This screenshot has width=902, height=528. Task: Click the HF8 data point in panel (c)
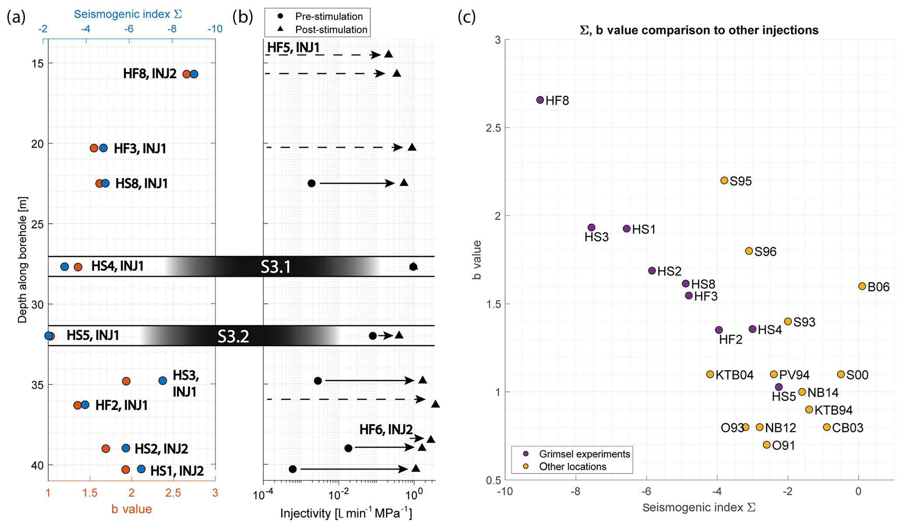[x=540, y=100]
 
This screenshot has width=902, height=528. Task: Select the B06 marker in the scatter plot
[x=862, y=286]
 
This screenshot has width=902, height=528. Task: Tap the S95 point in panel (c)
[x=724, y=181]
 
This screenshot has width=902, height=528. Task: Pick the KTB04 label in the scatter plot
[x=734, y=375]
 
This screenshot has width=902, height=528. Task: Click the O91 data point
[x=766, y=445]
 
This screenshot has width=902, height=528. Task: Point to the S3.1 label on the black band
[x=275, y=267]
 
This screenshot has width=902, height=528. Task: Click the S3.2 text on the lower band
[x=233, y=336]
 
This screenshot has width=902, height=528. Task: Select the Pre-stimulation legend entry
[x=329, y=17]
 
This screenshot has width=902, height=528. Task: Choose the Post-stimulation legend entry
[x=331, y=30]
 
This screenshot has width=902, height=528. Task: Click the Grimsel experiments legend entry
[x=584, y=454]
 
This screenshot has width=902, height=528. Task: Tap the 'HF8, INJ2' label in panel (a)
[x=149, y=74]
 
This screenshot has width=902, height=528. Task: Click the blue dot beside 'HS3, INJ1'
[x=163, y=381]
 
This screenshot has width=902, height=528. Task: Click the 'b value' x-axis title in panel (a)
[x=131, y=509]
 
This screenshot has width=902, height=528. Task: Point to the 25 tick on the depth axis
[x=38, y=224]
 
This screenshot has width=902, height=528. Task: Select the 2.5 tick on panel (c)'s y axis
[x=495, y=128]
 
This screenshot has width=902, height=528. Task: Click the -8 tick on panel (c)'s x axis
[x=575, y=492]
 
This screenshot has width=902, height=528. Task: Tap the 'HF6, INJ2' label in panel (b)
[x=386, y=429]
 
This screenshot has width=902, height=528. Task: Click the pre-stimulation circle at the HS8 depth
[x=311, y=183]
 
